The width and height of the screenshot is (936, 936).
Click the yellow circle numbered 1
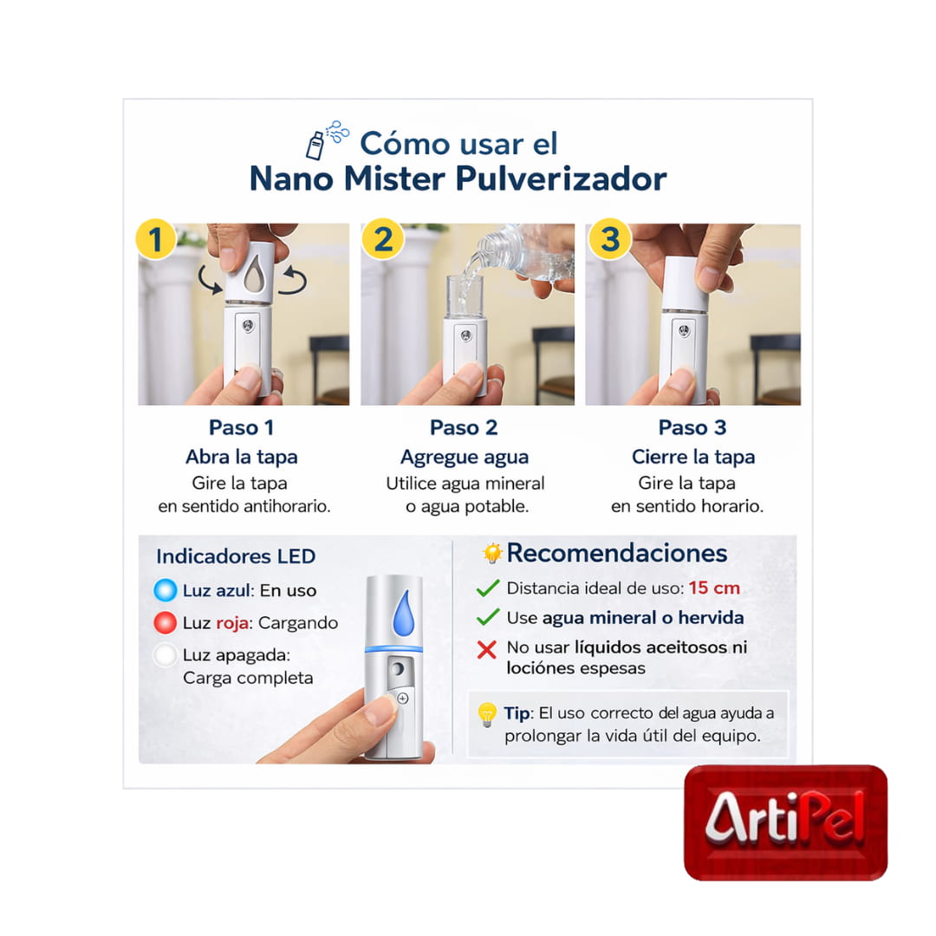click(x=156, y=239)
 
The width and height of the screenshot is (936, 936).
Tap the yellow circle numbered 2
click(x=382, y=239)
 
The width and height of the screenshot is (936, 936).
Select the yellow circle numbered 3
click(x=609, y=239)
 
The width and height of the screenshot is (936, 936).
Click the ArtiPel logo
click(x=785, y=821)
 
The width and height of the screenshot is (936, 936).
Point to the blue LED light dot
click(x=165, y=590)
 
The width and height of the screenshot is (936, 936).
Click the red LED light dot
click(x=165, y=623)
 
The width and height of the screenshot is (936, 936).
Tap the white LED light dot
click(x=165, y=655)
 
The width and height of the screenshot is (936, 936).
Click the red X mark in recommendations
click(x=487, y=649)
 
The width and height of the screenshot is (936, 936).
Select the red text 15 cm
click(x=714, y=588)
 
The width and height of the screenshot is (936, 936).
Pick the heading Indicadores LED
click(x=236, y=556)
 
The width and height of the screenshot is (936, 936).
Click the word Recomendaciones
click(x=616, y=553)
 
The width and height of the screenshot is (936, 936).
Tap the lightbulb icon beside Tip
click(x=487, y=715)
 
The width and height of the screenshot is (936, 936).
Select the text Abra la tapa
click(x=242, y=457)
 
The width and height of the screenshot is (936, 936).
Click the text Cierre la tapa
click(x=692, y=457)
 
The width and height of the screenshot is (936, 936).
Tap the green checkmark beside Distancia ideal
click(x=487, y=588)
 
